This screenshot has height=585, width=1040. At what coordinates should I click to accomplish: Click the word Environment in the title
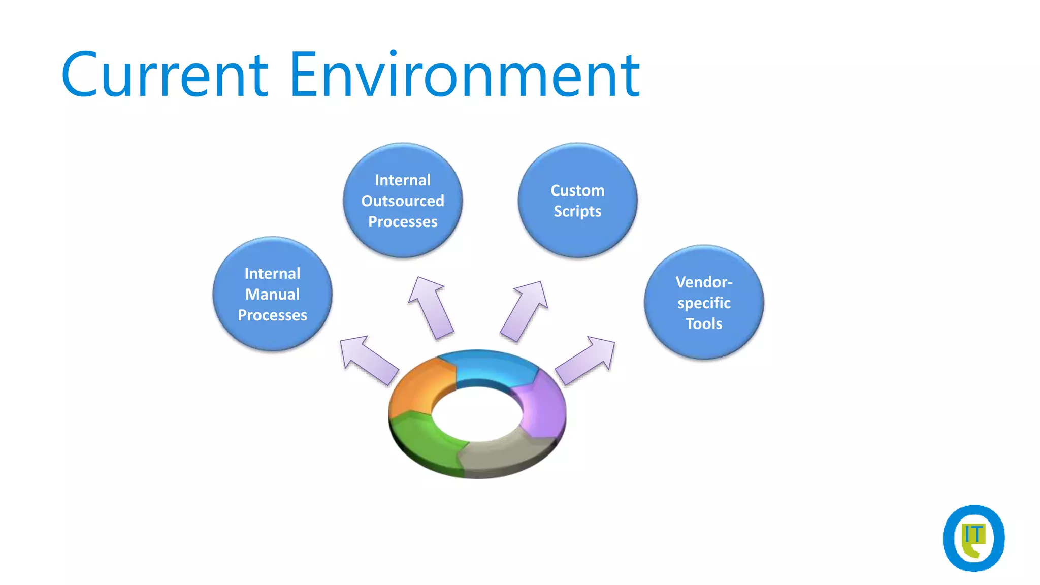[x=464, y=75]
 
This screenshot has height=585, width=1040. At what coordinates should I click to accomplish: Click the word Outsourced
[x=403, y=201]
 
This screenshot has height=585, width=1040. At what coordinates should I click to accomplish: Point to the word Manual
[x=272, y=295]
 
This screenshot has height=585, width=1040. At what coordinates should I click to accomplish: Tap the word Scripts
[x=577, y=212]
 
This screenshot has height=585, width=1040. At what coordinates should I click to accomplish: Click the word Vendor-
[x=704, y=282]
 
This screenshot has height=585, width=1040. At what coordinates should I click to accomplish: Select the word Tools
[x=704, y=324]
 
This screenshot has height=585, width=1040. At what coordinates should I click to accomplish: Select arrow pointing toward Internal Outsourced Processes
[x=431, y=307]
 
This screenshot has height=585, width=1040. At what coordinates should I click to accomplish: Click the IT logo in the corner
[x=973, y=538]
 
